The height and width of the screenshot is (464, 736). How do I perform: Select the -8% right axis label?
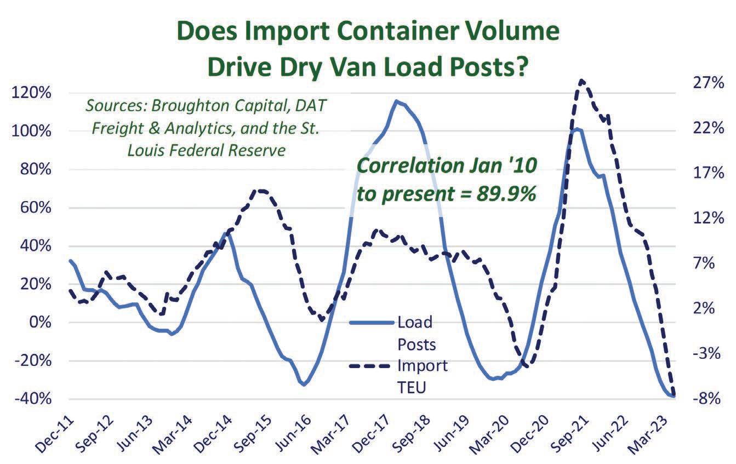click(x=709, y=398)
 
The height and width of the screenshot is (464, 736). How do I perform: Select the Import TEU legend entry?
click(x=422, y=376)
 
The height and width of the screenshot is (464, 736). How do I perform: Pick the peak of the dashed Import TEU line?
click(x=581, y=81)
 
